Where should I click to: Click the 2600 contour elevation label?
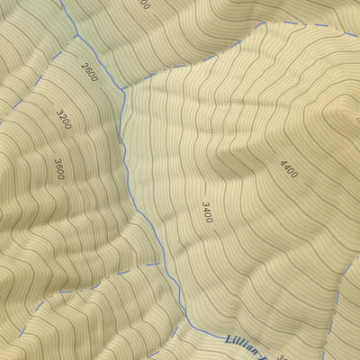(89, 73)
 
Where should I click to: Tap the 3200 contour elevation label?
(63, 120)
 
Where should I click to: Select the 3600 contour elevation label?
(59, 168)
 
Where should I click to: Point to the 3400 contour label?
(208, 211)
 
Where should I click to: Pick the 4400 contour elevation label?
(288, 168)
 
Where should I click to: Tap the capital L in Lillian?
(227, 340)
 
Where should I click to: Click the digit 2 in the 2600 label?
(83, 66)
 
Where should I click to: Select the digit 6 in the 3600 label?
(59, 166)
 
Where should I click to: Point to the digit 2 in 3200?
(61, 117)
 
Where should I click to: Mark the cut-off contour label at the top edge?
(144, 4)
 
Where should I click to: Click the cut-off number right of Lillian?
(282, 356)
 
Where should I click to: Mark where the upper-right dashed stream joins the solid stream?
(122, 89)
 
